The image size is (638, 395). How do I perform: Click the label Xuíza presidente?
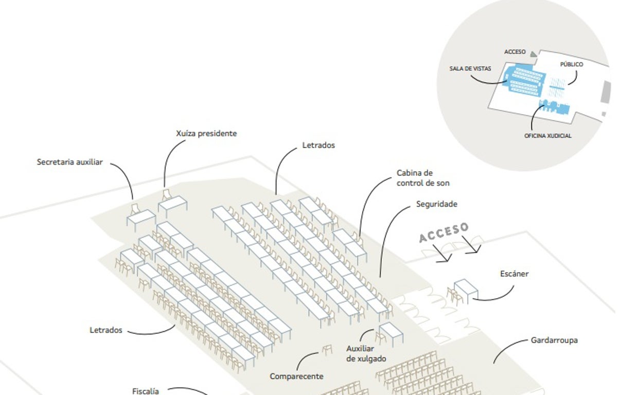tap(206, 134)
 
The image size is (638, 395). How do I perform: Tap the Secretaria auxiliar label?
tap(70, 162)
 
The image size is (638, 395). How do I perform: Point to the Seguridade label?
tap(436, 204)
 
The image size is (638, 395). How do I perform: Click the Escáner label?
tap(514, 274)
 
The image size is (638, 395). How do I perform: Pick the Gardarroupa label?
tap(554, 340)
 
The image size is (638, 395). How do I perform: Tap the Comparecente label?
tap(296, 376)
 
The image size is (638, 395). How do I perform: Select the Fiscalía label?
tap(146, 391)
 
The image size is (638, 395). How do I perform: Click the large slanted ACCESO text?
tap(444, 232)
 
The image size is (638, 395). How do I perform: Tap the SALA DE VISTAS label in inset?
tap(470, 68)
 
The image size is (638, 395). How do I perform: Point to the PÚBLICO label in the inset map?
tap(571, 65)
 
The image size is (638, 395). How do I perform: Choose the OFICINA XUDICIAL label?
tap(547, 136)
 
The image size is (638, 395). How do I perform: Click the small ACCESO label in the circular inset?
tap(515, 52)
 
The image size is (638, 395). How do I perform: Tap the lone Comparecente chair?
tap(327, 350)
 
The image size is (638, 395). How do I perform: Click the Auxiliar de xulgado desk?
tap(391, 332)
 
